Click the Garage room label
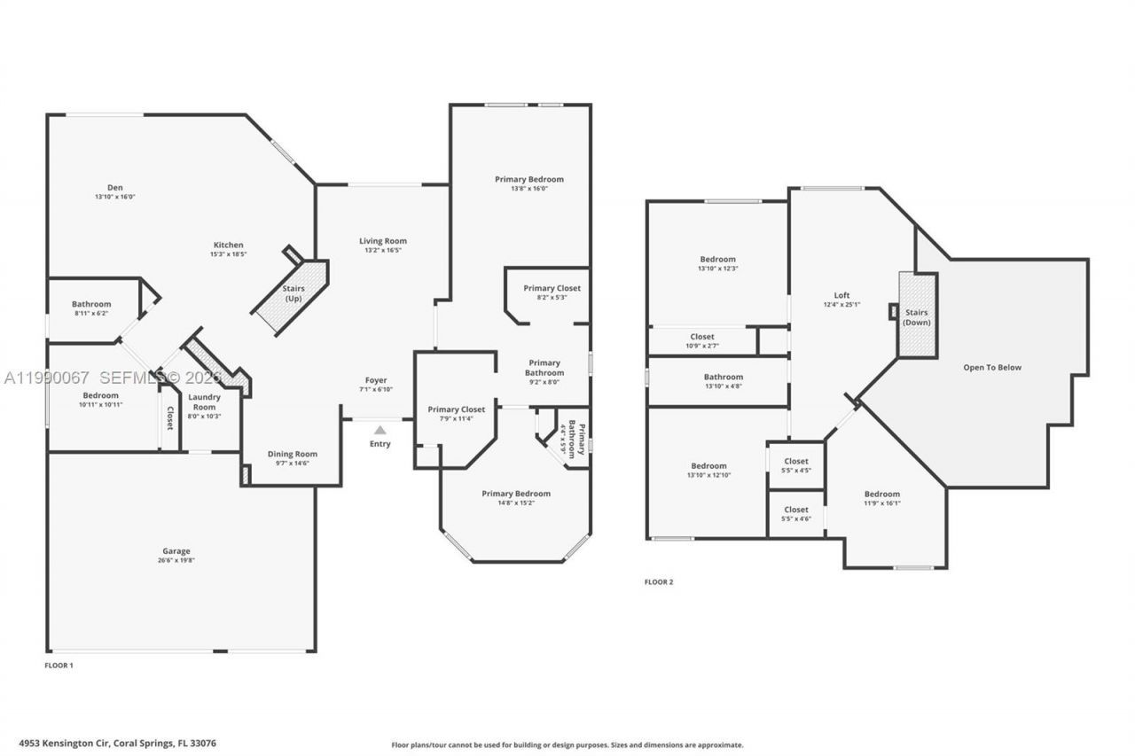click(176, 551)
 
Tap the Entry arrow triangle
click(380, 430)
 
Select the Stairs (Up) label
click(294, 293)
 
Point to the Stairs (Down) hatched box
click(918, 316)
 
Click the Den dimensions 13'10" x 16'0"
click(115, 197)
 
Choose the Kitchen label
click(228, 246)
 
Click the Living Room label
click(383, 241)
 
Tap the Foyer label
click(376, 380)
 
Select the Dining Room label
click(293, 454)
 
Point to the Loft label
click(841, 295)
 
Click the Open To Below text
click(992, 367)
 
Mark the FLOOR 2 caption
click(659, 582)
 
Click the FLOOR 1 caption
click(59, 665)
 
